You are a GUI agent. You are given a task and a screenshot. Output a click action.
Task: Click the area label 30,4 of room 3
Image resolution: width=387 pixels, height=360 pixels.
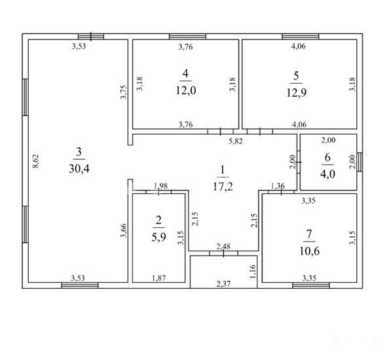coord(79,169)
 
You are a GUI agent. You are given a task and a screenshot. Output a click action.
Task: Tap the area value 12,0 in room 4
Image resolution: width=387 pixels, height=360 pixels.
coord(186,90)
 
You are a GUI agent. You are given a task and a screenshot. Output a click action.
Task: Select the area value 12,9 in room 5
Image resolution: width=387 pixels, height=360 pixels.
coord(297,93)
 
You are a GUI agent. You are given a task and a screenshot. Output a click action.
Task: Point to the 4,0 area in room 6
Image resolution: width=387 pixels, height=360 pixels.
coord(327,174)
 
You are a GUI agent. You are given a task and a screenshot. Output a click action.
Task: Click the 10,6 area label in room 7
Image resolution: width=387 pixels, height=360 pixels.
coord(310,251)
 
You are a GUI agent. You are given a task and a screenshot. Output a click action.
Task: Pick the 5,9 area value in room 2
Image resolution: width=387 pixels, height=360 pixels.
coord(158,237)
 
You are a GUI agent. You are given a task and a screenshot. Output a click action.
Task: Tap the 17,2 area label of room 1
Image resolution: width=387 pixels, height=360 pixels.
coord(223,187)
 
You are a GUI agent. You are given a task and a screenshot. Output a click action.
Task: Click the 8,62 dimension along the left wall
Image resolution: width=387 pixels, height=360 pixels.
coord(36,161)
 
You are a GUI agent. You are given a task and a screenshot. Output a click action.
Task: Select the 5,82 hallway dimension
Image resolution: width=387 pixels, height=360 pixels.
coord(236,141)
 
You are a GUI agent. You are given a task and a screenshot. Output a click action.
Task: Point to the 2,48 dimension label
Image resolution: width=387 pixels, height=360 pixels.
coord(223,246)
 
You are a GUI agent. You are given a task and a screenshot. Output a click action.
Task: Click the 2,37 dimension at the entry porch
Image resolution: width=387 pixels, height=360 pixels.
coord(223,284)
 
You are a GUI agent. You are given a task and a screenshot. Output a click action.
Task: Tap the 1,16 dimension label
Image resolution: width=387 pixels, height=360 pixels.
coord(253,272)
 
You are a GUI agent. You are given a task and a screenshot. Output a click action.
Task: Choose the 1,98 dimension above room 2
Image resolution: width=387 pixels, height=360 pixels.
coord(160,185)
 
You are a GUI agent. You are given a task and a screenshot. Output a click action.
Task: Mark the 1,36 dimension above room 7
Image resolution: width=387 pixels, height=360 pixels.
coord(278,185)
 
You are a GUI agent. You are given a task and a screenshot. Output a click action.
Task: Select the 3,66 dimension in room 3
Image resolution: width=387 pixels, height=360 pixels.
coord(123,230)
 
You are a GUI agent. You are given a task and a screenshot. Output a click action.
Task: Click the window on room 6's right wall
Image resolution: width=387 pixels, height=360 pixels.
coord(360,162)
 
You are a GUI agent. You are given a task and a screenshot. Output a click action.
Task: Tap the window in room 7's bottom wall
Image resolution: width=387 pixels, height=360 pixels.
coord(311,285)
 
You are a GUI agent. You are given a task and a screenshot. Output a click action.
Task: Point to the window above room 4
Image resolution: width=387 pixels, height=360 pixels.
coord(187,37)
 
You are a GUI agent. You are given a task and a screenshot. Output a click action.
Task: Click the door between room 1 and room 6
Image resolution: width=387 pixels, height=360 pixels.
coord(299,162)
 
